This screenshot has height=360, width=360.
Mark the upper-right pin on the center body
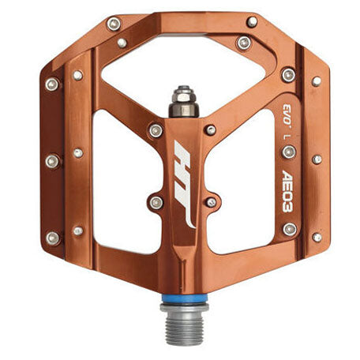pyautogui.click(x=210, y=129)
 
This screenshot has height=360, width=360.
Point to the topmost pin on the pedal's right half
pyautogui.click(x=252, y=22)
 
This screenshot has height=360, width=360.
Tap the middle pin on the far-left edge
pyautogui.click(x=52, y=161)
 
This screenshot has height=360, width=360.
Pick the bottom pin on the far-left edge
pyautogui.click(x=52, y=237)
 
